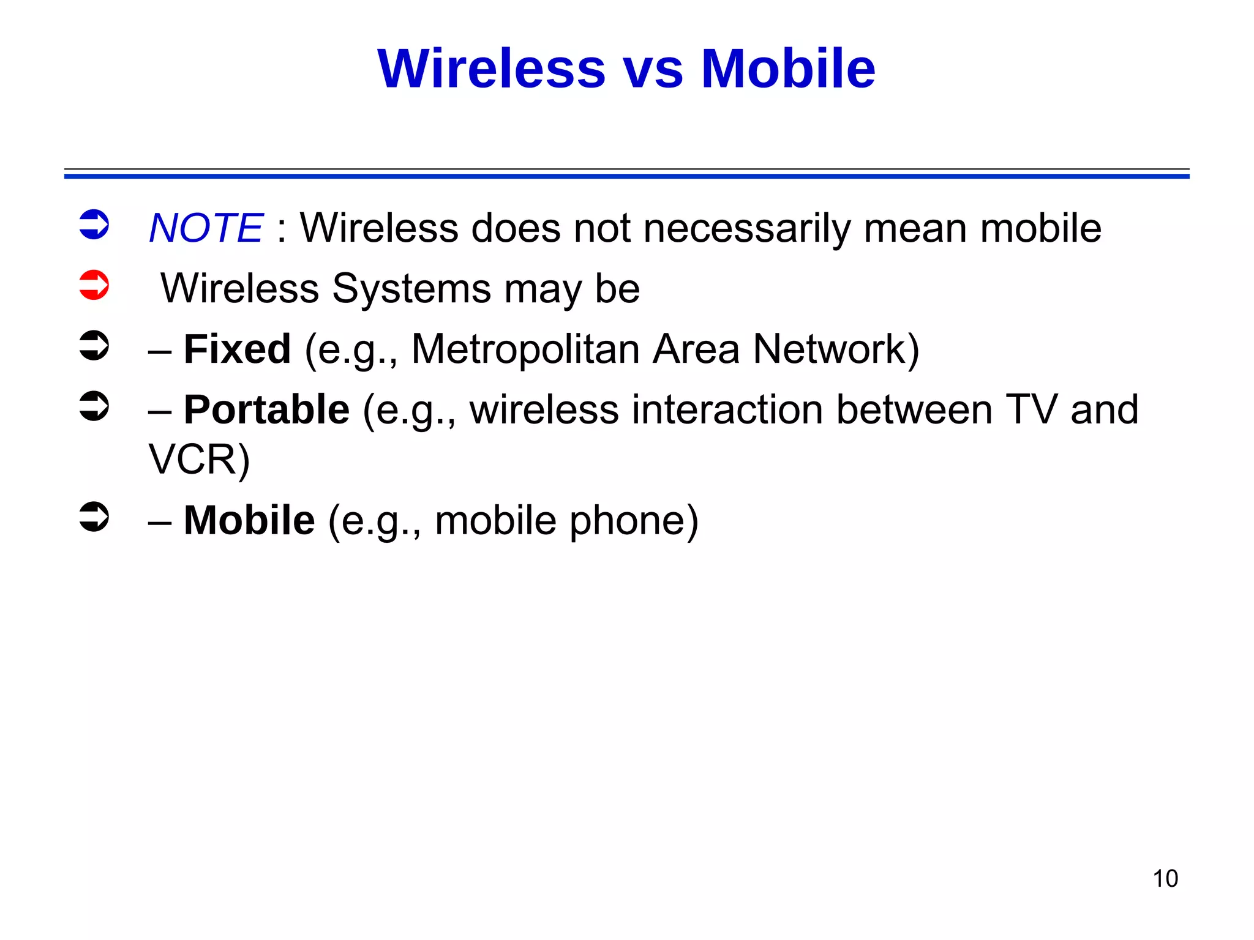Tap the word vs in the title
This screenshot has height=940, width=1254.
click(x=653, y=69)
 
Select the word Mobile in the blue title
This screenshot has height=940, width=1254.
click(x=788, y=69)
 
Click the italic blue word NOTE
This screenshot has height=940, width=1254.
click(x=206, y=228)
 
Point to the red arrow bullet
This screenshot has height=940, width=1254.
click(x=94, y=285)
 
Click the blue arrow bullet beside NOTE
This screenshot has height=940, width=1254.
click(x=94, y=225)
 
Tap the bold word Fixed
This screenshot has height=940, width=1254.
click(x=237, y=349)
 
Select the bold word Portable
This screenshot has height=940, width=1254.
click(x=266, y=409)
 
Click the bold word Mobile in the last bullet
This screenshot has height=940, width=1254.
click(x=249, y=520)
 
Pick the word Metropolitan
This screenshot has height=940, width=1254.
click(x=525, y=349)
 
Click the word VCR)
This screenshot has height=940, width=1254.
click(x=200, y=460)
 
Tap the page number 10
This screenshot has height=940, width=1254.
click(x=1165, y=879)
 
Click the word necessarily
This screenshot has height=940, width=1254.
click(x=746, y=228)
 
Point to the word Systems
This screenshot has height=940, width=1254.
click(x=411, y=288)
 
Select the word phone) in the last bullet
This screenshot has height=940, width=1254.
click(x=634, y=520)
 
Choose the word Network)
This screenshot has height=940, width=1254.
click(x=836, y=349)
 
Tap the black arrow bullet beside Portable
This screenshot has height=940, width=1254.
click(x=94, y=406)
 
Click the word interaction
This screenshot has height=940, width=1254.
click(x=727, y=409)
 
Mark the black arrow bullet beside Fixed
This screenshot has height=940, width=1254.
click(x=94, y=346)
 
